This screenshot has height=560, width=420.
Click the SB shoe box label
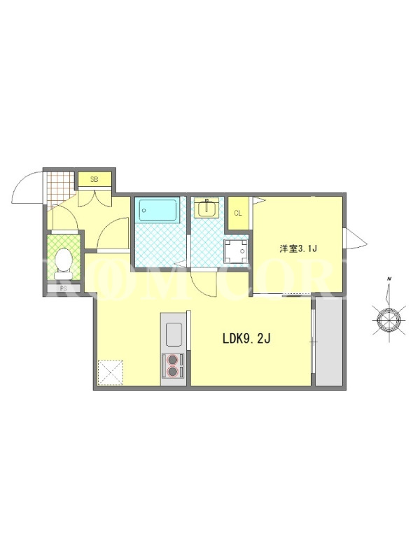coord(94,180)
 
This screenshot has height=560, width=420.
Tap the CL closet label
coord(238,213)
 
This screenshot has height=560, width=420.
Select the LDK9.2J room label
coord(246,338)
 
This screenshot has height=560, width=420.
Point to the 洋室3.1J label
coord(298,248)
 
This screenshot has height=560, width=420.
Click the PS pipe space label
coord(64,288)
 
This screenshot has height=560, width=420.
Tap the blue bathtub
coord(158,211)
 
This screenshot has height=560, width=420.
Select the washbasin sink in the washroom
coord(206,208)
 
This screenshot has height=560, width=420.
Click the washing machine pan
coord(235,251)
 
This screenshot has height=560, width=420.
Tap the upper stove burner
coord(173,359)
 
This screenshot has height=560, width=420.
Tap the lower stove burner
coord(173,372)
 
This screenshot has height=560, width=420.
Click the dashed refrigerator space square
coord(111,372)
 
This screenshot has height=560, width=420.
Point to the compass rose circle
coord(389,319)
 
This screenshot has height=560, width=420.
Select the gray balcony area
coord(329,341)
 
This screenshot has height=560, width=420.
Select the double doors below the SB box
coord(94,199)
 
